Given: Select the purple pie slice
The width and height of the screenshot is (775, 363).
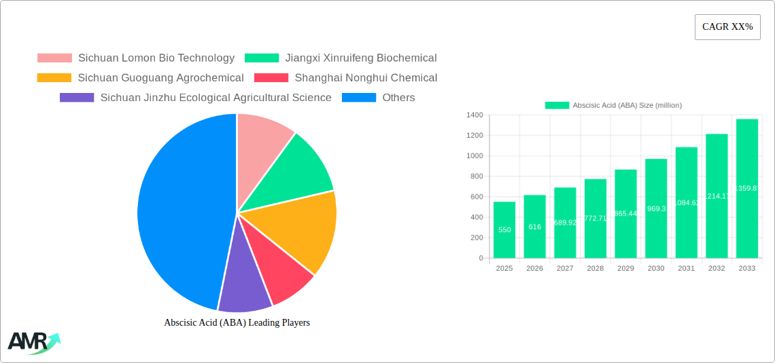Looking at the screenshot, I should coord(243,285).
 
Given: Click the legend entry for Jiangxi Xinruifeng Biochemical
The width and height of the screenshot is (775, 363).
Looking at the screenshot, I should coord(360,58).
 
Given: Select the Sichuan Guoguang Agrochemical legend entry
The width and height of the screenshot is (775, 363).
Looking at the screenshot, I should coord(160,78).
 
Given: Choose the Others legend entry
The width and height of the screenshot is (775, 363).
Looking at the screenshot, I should coord(398,98).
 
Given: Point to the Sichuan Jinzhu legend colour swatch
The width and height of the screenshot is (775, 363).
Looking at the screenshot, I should coord(77,98).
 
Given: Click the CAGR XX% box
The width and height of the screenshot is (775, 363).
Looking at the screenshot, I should coord(727,27).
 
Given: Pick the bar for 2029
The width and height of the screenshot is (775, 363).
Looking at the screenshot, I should coord(625,214).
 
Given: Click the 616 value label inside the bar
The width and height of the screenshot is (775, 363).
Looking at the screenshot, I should coord(534,227).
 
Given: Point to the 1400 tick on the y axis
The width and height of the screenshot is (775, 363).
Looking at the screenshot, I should coord(475,115).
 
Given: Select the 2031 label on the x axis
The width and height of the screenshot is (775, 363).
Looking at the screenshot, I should coord(686,268).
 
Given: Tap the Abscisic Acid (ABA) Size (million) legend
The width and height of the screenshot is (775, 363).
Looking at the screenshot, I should coord(613,105).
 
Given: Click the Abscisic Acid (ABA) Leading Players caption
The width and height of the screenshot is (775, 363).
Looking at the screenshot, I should coord(237,322).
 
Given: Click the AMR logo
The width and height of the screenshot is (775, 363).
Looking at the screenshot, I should coord(33,343).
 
